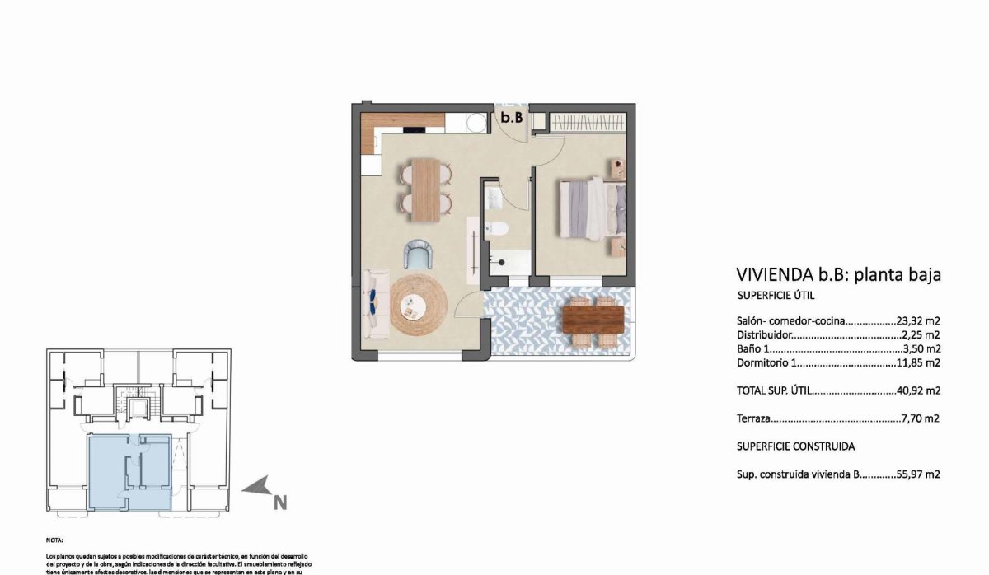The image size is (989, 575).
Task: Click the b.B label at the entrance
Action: [512, 118]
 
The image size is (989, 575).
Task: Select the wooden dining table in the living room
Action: [427, 189]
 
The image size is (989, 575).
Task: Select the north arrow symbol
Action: [256, 487]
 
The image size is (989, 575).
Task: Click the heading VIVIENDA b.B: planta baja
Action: [837, 275]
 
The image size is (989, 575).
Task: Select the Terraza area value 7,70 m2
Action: [921, 418]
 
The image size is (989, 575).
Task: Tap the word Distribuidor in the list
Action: [764, 335]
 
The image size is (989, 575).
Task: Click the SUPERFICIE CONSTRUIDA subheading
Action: [794, 446]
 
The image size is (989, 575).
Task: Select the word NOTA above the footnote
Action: [55, 540]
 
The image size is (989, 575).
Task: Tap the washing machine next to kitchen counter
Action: [476, 122]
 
